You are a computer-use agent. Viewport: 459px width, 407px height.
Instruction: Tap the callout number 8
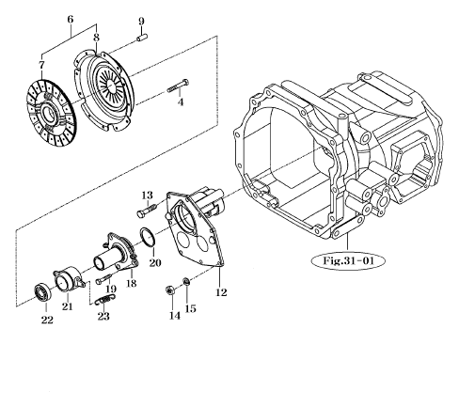click(x=96, y=36)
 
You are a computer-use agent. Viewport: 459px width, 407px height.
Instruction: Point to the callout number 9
click(x=141, y=21)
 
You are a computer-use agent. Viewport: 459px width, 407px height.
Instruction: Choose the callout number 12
click(x=222, y=291)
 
